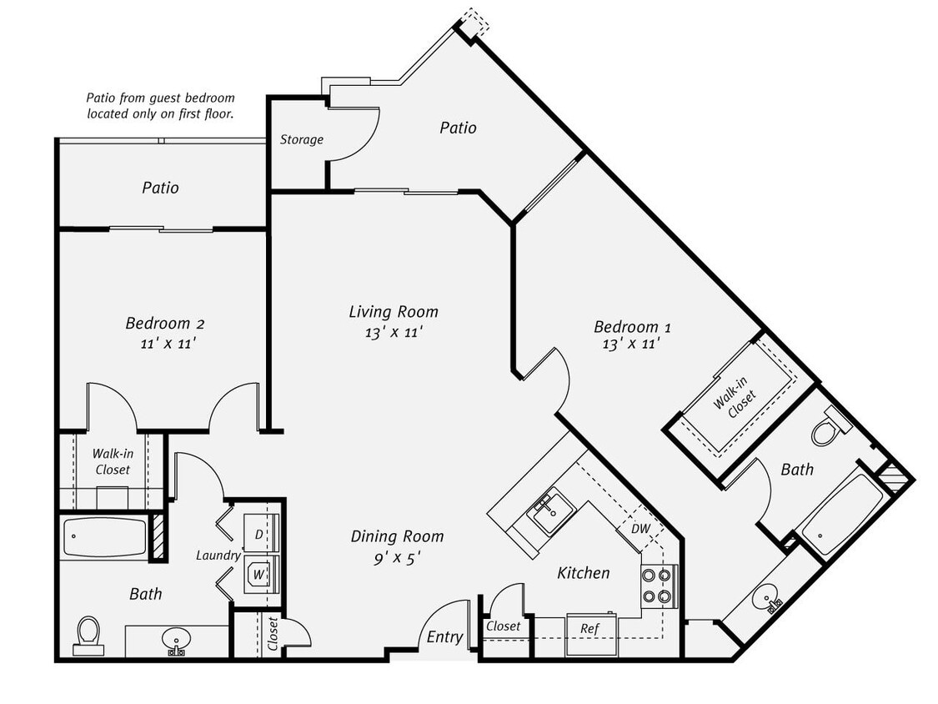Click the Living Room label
(x=394, y=312)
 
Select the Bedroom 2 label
(x=165, y=323)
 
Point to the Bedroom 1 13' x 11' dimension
(x=631, y=343)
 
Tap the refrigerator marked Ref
(x=591, y=628)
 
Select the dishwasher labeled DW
(x=640, y=528)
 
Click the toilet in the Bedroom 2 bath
(x=88, y=635)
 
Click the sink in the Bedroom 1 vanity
(x=765, y=598)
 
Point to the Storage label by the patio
(x=301, y=139)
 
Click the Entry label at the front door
(x=444, y=636)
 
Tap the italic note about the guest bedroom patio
(x=160, y=105)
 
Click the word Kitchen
(x=583, y=572)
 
